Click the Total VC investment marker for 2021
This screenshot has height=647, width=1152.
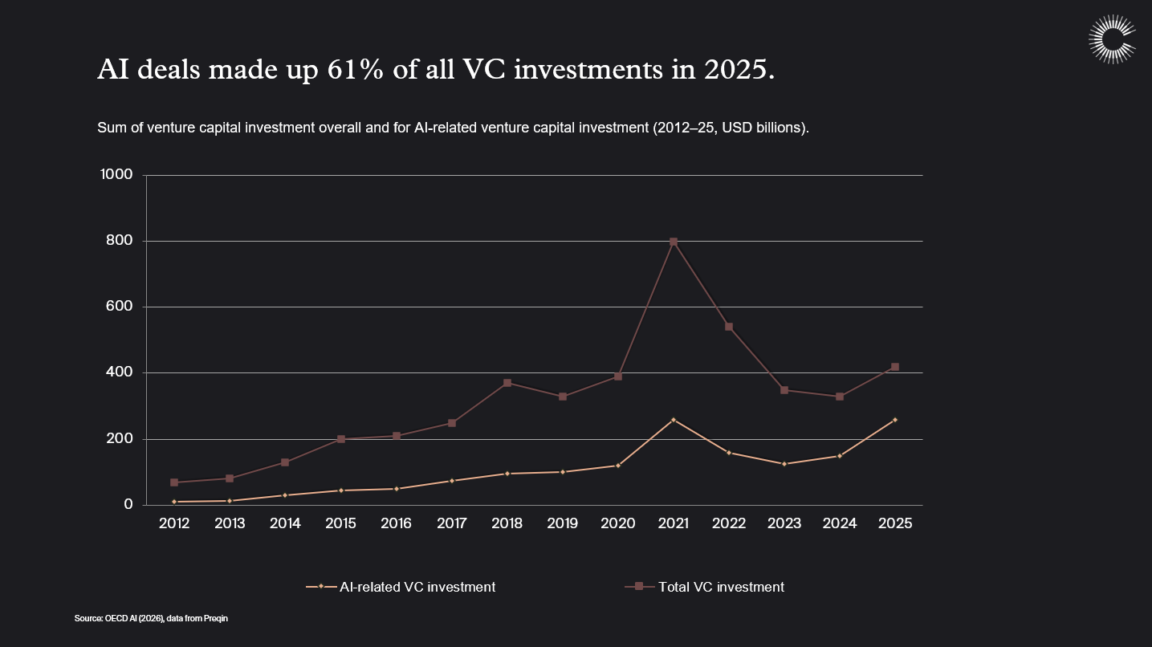point(674,242)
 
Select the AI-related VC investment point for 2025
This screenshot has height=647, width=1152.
point(895,420)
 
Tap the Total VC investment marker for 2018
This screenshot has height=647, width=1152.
point(507,383)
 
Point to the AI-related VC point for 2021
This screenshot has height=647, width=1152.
point(674,420)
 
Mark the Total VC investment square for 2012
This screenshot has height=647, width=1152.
point(174,482)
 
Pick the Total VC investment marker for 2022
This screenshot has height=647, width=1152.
point(729,327)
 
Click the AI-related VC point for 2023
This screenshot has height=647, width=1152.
point(784,464)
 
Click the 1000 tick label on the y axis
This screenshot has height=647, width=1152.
point(117,175)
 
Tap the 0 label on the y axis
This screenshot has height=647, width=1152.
point(128,505)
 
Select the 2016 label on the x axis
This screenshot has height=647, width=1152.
point(396,523)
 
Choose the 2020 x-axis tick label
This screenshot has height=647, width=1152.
point(618,523)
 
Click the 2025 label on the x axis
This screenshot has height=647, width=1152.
point(895,523)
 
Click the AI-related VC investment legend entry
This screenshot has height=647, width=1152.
point(401,587)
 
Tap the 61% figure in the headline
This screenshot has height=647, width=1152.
point(354,71)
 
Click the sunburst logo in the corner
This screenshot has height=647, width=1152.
point(1112,39)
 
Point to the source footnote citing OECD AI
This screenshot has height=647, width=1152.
point(152,618)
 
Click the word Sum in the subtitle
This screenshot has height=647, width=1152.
point(110,128)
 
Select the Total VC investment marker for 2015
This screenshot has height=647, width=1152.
point(340,439)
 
